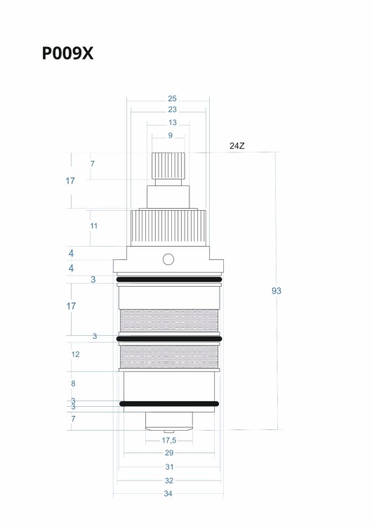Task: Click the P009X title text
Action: pos(67,53)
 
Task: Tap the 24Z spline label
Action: pos(237,146)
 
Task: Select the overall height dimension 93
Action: pos(277,291)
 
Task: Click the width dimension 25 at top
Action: pos(172,98)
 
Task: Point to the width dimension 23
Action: pos(172,110)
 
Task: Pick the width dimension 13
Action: pos(172,123)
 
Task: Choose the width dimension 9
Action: pos(171,136)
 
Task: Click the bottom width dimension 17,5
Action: pos(169,441)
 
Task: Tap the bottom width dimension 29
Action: pos(169,453)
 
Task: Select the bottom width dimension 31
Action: pos(170,467)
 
